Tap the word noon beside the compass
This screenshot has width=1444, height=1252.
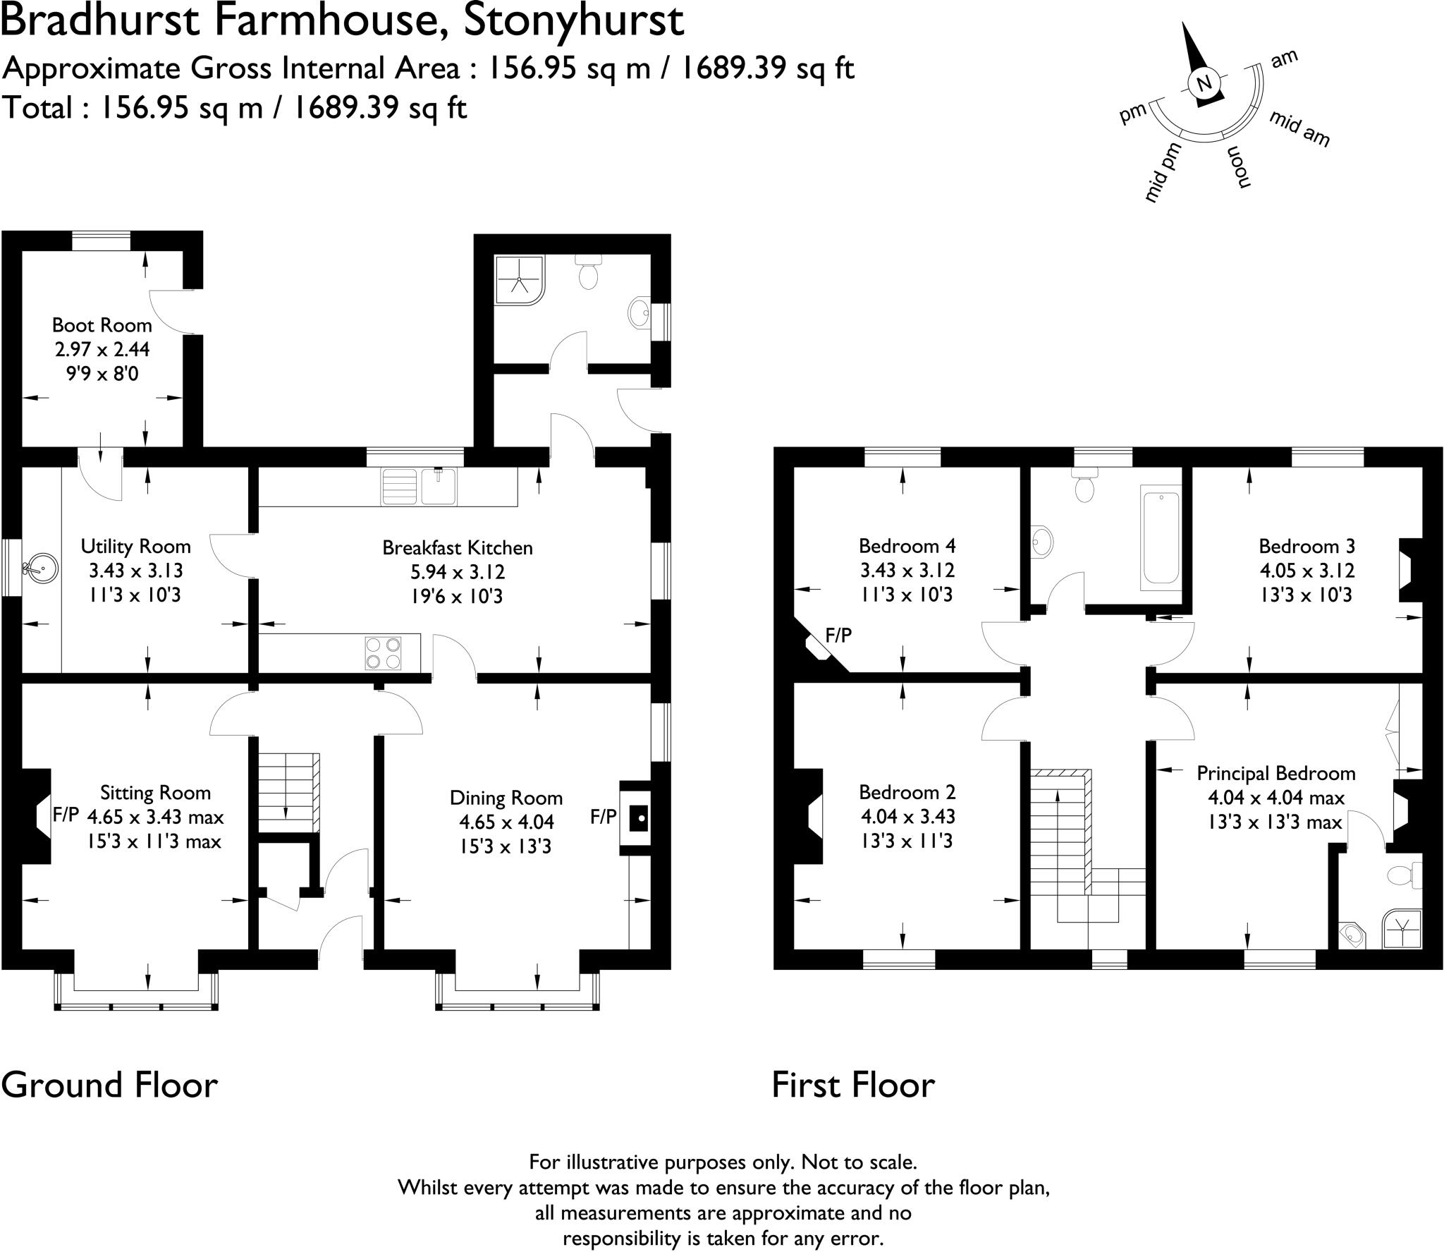pos(1240,168)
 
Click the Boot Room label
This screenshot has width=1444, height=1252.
pos(102,325)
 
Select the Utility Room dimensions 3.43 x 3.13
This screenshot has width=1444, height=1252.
pos(135,571)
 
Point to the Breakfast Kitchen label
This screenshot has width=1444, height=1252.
pos(458,547)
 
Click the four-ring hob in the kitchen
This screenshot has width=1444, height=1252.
pos(383,652)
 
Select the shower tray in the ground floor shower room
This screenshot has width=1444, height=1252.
pos(520,280)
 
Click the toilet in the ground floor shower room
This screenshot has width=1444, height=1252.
pos(587,271)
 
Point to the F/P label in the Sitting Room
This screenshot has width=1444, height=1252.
pos(66,815)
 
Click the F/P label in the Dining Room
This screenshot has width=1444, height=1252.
pos(604,817)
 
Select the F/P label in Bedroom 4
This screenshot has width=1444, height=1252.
pos(838,636)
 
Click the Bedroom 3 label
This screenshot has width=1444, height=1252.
pos(1307,546)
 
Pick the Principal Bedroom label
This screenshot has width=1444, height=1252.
pos(1275,773)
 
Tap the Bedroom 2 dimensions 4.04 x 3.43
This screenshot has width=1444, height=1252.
pos(907,817)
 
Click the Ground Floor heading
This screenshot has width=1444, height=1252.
pos(109,1084)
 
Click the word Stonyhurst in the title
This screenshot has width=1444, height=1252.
pos(573,20)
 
